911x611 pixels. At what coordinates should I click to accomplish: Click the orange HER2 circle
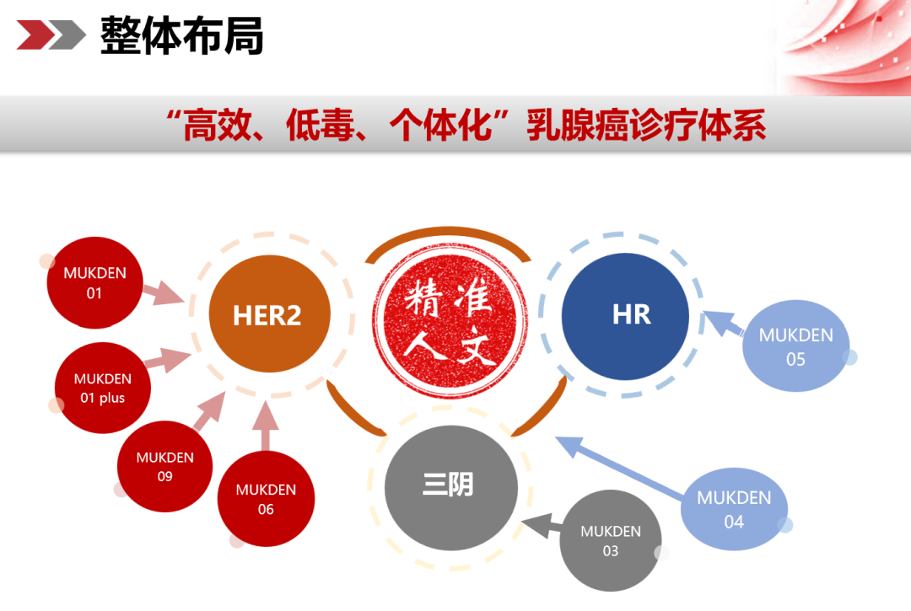[267, 315]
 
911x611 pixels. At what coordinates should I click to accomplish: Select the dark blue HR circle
[625, 315]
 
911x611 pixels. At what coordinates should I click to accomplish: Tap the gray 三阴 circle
[450, 485]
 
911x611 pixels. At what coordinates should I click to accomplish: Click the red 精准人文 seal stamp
[450, 323]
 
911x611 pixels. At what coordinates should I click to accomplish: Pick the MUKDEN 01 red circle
[94, 283]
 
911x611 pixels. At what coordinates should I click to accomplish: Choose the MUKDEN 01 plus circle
[103, 388]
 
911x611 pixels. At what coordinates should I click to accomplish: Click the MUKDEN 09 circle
[164, 467]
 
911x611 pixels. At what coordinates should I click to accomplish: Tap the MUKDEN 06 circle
[266, 499]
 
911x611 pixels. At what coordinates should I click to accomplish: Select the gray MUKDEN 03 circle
[610, 541]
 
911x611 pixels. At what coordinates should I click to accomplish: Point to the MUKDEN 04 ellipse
[734, 509]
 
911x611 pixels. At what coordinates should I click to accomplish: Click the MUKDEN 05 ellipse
[795, 347]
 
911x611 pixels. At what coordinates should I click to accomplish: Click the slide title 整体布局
[181, 35]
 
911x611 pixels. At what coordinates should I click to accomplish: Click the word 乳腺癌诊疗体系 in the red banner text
[646, 126]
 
